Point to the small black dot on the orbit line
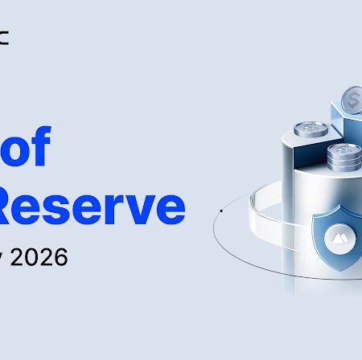220,211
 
